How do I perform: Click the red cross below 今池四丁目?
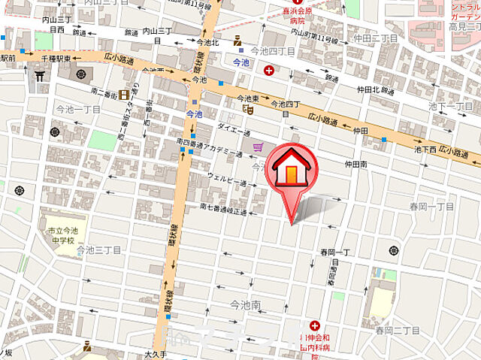tap(269, 71)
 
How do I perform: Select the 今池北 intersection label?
tap(207, 43)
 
